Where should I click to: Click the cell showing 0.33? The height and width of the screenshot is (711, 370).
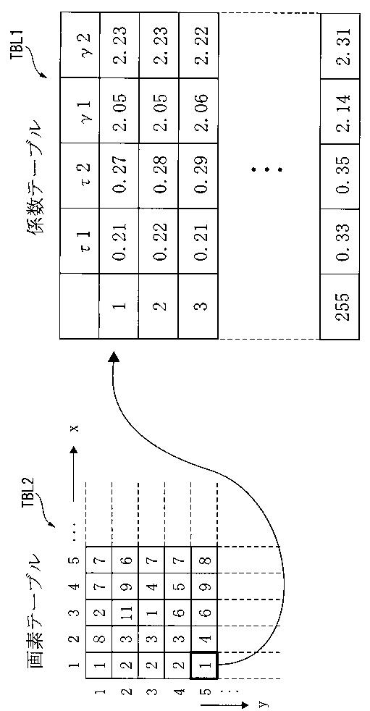click(x=340, y=241)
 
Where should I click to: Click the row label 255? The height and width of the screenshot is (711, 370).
click(x=340, y=306)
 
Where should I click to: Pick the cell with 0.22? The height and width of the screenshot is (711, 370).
click(x=159, y=241)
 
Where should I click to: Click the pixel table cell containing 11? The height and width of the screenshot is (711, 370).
click(x=125, y=613)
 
